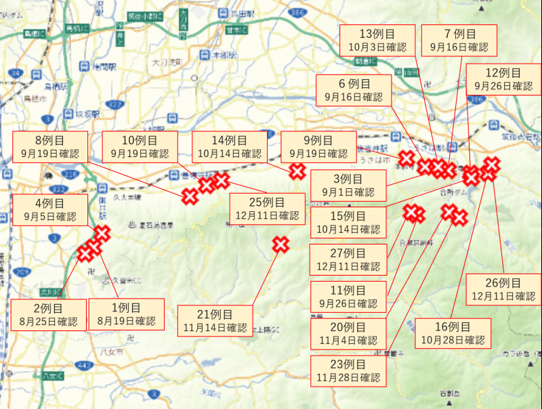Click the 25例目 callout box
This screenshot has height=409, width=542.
(267, 209)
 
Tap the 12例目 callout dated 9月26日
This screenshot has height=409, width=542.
(503, 80)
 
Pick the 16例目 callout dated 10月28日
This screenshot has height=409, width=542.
(453, 333)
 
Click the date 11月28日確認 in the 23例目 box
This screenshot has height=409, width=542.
(346, 378)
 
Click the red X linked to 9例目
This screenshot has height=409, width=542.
(297, 171)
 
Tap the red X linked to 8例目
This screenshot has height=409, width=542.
(190, 196)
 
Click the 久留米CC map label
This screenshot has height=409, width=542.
(125, 279)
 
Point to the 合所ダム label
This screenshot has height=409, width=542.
(453, 192)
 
